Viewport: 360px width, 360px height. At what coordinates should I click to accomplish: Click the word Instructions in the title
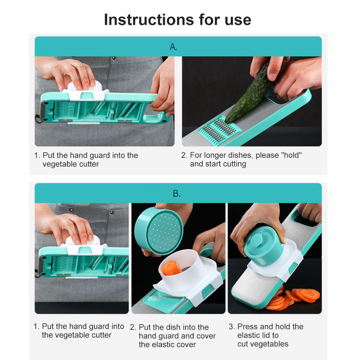[149, 19]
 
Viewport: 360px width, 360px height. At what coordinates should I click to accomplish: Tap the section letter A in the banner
[173, 47]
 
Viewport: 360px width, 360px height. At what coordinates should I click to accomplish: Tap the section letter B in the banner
[176, 194]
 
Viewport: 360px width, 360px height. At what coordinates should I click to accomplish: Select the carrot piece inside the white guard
[171, 268]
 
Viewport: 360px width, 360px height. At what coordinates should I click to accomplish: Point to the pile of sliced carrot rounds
[294, 298]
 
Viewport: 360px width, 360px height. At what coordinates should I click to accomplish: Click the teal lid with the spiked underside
[158, 231]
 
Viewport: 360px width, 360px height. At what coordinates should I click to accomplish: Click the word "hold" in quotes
[292, 155]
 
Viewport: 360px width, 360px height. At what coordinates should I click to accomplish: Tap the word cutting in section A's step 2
[234, 164]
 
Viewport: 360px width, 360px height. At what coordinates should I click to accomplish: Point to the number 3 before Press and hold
[231, 327]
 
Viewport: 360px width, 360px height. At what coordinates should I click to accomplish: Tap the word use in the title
[238, 20]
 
